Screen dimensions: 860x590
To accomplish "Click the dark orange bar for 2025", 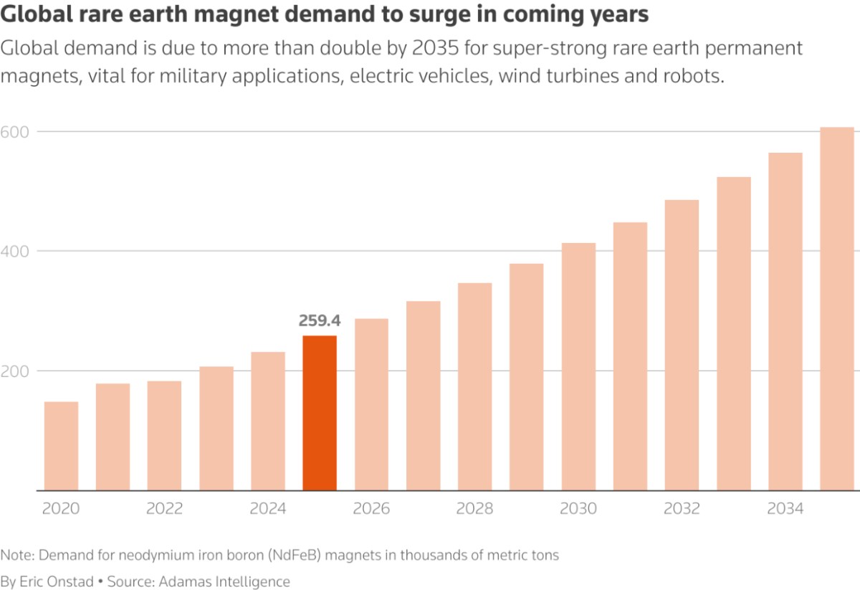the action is pos(320,413).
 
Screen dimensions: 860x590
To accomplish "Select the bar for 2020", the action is pos(61,446).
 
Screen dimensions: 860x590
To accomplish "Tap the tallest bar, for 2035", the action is pos(837,309).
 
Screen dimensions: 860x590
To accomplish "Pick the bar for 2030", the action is pos(578,366).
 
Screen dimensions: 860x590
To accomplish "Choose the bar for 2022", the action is pos(164,436).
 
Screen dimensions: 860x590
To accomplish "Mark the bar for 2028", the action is pos(475,387).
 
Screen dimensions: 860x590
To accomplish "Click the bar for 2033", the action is pos(734,334).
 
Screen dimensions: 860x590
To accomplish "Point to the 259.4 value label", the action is pos(320,320).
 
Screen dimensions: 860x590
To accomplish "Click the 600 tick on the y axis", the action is pos(14,132).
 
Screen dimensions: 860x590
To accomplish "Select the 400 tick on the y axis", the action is pos(14,252).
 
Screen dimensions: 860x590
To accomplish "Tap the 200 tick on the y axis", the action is pos(14,371).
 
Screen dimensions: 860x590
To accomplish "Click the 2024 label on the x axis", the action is pos(268,508).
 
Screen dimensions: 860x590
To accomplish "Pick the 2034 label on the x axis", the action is pos(785,508).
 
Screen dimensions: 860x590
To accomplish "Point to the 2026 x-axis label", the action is pos(371,508).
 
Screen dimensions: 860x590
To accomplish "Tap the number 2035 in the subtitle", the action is pos(436,48).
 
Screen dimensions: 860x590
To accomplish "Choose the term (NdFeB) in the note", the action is pos(294,555).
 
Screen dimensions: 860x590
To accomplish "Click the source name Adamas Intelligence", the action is pos(224,581).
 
